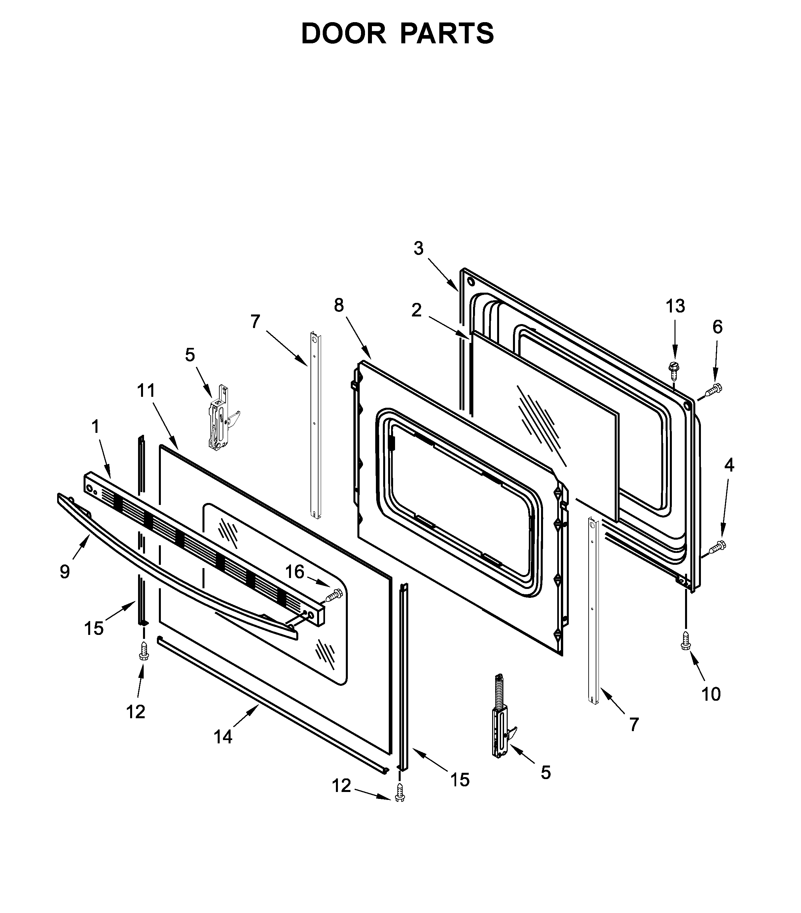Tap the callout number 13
[675, 307]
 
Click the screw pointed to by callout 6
[713, 390]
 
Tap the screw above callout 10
[685, 640]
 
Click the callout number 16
[295, 572]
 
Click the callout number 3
[418, 248]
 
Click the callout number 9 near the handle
[65, 572]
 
